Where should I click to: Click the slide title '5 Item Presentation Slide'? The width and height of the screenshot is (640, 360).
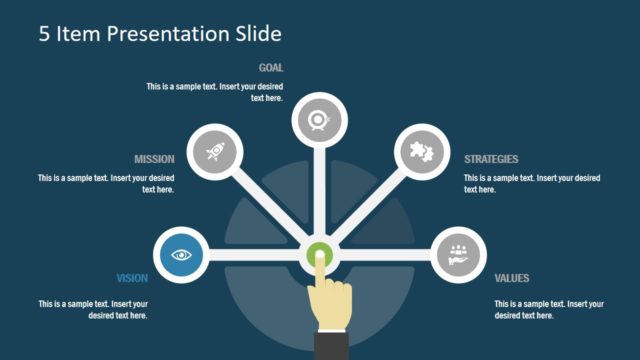(x=160, y=34)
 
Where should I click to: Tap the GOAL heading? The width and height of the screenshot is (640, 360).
(x=271, y=68)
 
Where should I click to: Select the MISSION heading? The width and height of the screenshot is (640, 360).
(x=154, y=159)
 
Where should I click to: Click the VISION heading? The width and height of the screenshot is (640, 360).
(x=132, y=278)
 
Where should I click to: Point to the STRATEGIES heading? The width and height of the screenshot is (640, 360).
(x=491, y=159)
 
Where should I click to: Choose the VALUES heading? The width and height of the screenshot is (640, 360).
(x=512, y=278)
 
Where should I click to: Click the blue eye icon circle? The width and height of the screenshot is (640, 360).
(x=181, y=255)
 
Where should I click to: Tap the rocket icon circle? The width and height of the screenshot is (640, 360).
(x=214, y=151)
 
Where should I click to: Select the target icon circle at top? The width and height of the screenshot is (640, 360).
(x=319, y=121)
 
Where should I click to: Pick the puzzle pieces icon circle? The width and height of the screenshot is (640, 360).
(x=418, y=151)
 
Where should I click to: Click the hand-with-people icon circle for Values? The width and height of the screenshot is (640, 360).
(x=459, y=255)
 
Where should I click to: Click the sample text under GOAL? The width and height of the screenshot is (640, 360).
(x=214, y=92)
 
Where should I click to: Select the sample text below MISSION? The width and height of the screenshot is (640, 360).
(x=107, y=183)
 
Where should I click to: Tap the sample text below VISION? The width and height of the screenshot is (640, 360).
(x=94, y=309)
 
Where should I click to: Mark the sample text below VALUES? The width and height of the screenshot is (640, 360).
(x=549, y=309)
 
